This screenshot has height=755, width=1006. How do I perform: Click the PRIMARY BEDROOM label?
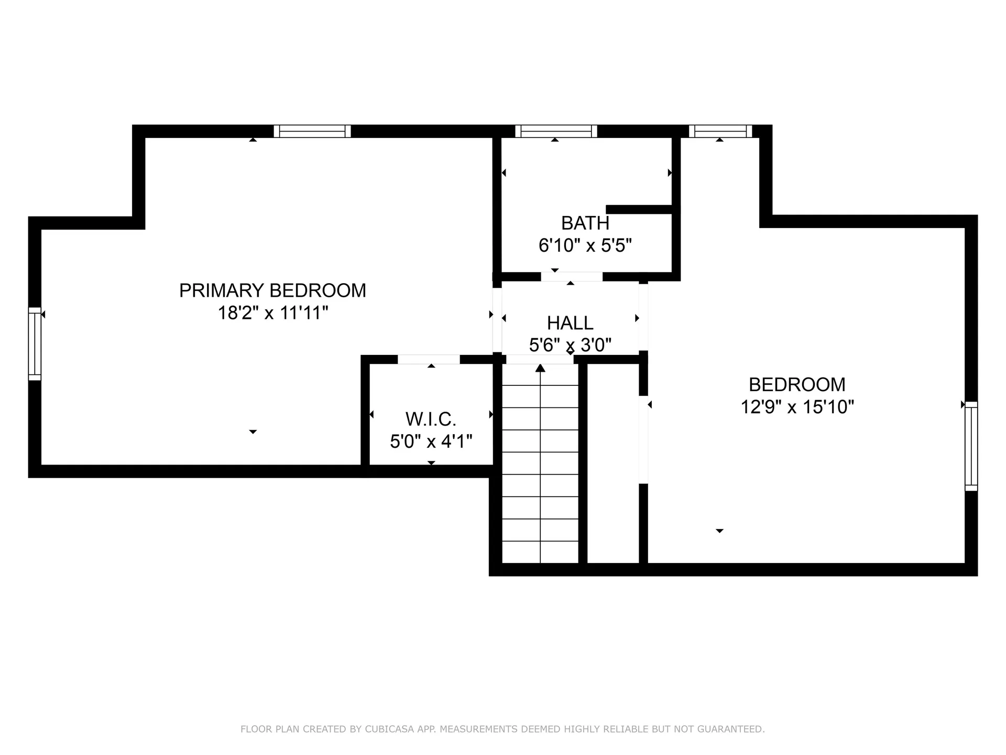point(272,290)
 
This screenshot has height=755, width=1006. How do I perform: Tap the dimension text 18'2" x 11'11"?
point(272,314)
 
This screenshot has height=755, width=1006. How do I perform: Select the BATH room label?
point(585,223)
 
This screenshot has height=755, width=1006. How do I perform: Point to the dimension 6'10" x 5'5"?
point(585,245)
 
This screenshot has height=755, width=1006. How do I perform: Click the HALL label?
point(570,323)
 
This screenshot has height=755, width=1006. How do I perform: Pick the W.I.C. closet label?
point(431,419)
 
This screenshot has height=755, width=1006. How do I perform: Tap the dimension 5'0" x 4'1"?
point(431,441)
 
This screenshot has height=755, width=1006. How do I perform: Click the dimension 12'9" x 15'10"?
point(797,407)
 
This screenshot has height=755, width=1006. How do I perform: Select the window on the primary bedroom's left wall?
point(35,343)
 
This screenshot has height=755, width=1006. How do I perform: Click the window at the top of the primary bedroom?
point(312,131)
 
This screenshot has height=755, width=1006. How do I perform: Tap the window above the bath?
point(556,131)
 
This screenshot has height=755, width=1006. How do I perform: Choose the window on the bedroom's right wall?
point(971,446)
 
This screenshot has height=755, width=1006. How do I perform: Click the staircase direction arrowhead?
point(540,368)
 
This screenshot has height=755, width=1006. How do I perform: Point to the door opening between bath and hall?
point(572,276)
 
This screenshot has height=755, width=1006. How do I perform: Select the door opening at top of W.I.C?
point(429,359)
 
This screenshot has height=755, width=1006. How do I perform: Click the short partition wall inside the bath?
point(639,210)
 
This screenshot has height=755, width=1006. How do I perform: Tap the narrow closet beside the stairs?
point(613,464)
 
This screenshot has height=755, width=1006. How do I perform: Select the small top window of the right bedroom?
point(720,131)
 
